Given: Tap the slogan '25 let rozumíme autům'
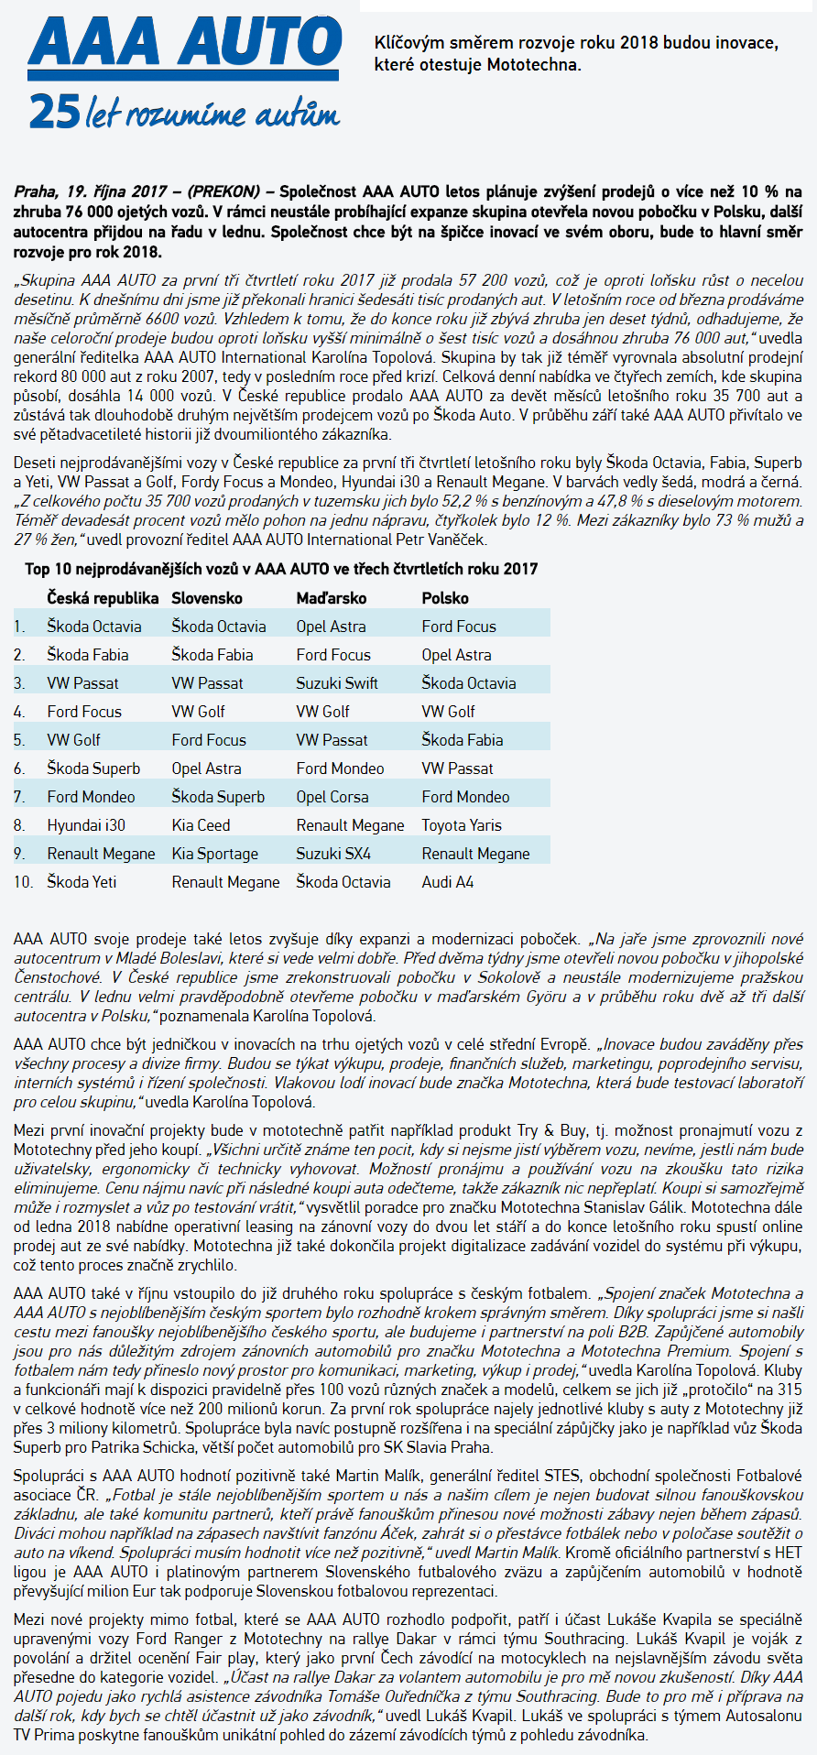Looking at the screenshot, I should [x=183, y=113].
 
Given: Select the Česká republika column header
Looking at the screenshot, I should [x=103, y=598].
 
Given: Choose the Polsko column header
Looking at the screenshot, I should [x=445, y=598].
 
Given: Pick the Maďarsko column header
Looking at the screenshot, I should [x=331, y=598].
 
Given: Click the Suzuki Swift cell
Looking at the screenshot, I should [x=337, y=683].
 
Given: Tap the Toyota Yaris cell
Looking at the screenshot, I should [x=462, y=825].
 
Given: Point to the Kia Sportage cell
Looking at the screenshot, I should [x=214, y=854].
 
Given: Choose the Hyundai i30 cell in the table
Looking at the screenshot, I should [x=86, y=825].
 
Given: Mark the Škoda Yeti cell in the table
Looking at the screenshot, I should [x=82, y=882].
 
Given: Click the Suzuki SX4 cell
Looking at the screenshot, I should [x=333, y=854].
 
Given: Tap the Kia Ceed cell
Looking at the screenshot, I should [x=201, y=825].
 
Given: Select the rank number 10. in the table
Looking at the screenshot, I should [x=24, y=882].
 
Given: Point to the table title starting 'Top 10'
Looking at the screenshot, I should [x=281, y=569].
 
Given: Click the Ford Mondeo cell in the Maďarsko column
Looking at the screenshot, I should [x=340, y=768].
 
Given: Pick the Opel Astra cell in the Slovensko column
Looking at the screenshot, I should [x=206, y=768].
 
